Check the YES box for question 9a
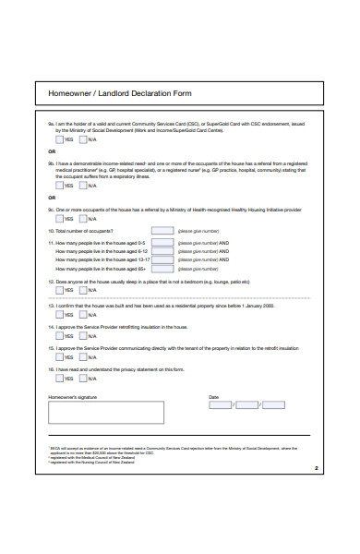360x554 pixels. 58,138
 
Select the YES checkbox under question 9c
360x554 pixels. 58,219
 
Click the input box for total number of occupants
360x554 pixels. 162,230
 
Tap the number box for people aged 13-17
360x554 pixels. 162,259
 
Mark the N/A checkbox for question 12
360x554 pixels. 85,288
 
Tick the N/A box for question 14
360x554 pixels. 85,335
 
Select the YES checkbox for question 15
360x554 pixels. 58,357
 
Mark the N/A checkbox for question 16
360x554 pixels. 85,378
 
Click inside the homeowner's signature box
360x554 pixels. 105,412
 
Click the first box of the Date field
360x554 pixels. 220,403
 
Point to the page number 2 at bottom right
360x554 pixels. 316,467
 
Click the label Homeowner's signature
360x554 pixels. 71,395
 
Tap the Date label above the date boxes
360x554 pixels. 214,395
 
